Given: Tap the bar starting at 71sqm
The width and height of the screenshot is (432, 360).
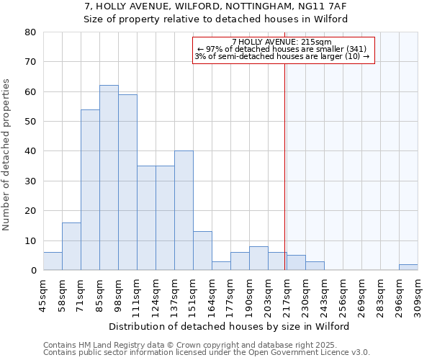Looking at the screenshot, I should coord(90,190).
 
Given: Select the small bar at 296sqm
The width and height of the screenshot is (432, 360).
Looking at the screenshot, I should coord(408,267).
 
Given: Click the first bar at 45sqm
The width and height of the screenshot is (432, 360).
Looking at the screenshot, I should coord(53,261).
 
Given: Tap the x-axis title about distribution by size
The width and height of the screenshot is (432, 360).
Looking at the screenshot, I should coord(230,326).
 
